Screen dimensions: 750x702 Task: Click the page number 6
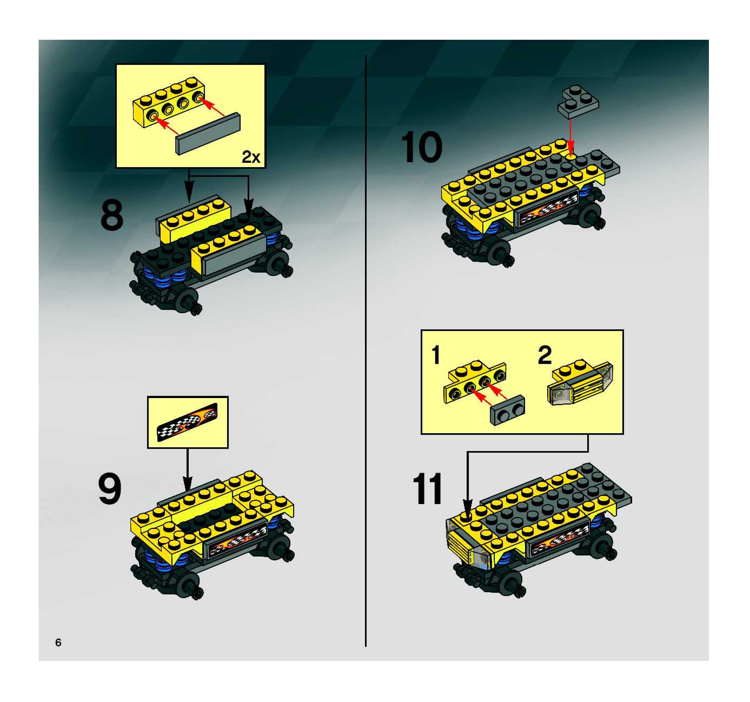(x=58, y=642)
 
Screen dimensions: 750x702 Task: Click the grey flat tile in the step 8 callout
(x=208, y=134)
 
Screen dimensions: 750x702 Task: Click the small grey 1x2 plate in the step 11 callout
(x=507, y=410)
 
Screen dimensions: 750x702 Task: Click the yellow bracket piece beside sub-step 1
(x=475, y=381)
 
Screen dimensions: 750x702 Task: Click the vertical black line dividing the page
(x=366, y=351)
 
